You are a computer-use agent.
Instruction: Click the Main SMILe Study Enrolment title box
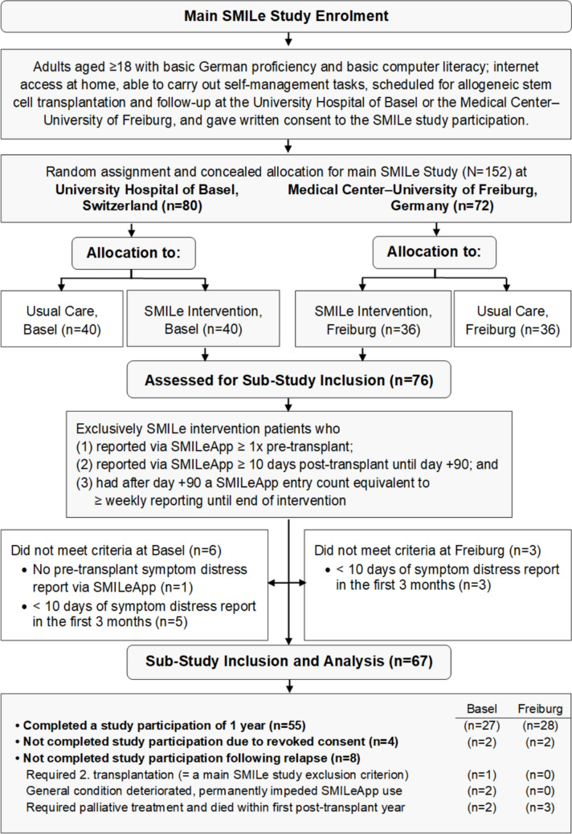point(286,16)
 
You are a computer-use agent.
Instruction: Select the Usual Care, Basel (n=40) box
point(62,319)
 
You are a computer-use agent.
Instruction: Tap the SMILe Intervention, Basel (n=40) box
point(202,319)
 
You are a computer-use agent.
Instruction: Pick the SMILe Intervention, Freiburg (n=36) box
point(373,319)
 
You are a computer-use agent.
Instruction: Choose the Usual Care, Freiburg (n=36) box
point(513,319)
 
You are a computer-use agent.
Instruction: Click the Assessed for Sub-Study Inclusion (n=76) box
point(288,380)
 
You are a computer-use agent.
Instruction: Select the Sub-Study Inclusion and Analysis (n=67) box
point(288,661)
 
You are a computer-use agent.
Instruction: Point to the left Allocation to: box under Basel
point(133,253)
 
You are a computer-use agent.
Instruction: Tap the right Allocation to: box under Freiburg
point(434,252)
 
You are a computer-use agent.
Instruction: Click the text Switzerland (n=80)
point(142,205)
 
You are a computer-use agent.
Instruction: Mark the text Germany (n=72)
point(442,205)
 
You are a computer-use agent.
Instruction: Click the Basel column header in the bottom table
point(481,709)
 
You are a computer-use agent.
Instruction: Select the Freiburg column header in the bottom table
point(540,709)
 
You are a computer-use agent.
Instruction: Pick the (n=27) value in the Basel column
point(481,726)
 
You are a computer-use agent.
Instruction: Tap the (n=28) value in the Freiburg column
point(540,726)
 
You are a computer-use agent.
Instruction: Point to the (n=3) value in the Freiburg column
point(540,808)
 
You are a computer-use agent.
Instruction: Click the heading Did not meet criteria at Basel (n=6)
point(116,550)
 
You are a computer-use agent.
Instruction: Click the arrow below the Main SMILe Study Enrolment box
point(288,39)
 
